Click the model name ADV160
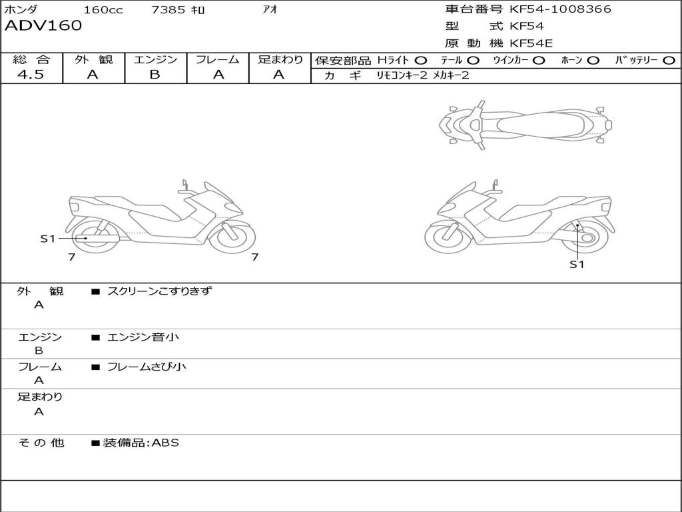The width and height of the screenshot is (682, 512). pyautogui.click(x=43, y=26)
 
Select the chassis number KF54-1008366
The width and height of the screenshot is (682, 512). pyautogui.click(x=560, y=9)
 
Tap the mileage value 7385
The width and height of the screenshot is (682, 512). pyautogui.click(x=168, y=9)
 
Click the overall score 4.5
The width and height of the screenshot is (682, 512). pyautogui.click(x=31, y=75)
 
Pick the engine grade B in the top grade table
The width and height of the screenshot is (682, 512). pyautogui.click(x=155, y=75)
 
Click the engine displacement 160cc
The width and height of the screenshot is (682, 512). pyautogui.click(x=103, y=9)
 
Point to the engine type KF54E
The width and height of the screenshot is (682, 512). pyautogui.click(x=531, y=43)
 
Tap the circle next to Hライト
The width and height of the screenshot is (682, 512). pyautogui.click(x=421, y=61)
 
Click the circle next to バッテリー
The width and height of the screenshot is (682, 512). pyautogui.click(x=669, y=61)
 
